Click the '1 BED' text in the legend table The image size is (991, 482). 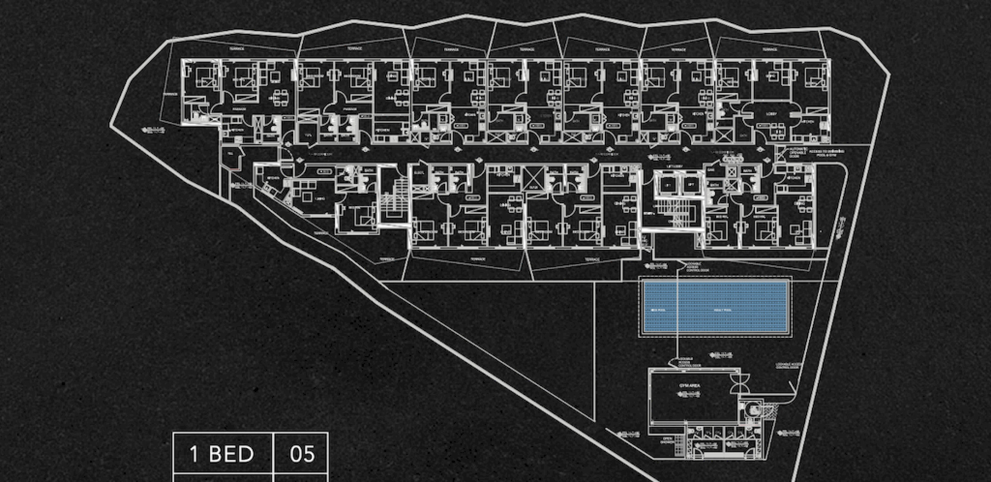click(x=222, y=454)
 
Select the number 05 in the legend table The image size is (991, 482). click(x=302, y=454)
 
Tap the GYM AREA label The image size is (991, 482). click(x=690, y=385)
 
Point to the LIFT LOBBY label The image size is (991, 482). click(x=675, y=166)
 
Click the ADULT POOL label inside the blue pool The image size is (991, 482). click(x=723, y=310)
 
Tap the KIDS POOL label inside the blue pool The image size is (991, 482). click(x=658, y=310)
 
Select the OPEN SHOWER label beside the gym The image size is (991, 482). click(x=667, y=441)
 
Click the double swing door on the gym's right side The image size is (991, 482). click(x=740, y=384)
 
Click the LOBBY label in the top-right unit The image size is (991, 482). click(x=771, y=114)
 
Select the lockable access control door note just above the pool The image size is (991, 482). click(x=697, y=267)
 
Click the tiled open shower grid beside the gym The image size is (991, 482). click(x=679, y=444)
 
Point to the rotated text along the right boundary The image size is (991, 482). click(x=842, y=227)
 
